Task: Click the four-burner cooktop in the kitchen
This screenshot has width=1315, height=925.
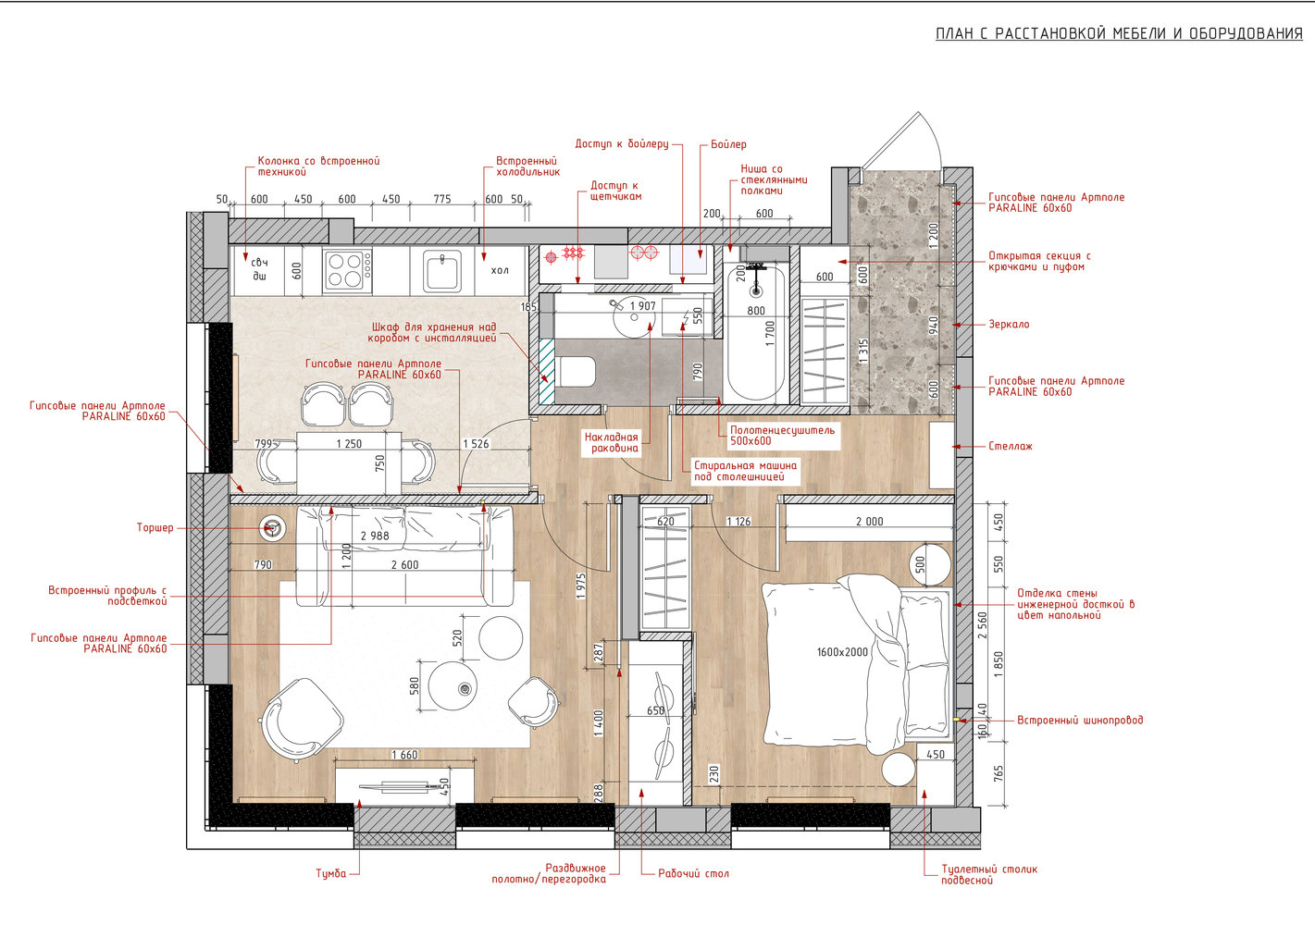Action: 347,271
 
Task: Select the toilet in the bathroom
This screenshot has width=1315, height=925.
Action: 576,372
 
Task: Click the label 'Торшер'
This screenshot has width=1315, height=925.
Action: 155,527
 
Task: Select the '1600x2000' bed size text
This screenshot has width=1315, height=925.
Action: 842,651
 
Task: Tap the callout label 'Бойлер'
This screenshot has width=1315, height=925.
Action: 728,144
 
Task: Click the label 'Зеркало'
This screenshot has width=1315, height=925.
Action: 1009,324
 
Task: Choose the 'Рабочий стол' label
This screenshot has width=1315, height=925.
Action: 693,873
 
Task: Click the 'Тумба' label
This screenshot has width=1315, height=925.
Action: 331,874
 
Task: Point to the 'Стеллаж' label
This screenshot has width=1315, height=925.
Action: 1011,446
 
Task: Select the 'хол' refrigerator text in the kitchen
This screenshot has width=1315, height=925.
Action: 500,270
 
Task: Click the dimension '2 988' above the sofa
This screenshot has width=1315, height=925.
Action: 375,536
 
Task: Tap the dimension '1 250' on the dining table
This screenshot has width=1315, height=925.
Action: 349,444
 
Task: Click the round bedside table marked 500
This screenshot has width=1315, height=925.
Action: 929,564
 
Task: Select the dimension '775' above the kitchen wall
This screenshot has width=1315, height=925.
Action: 442,199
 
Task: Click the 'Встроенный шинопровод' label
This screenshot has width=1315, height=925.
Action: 1080,721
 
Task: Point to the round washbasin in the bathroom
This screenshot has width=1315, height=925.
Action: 634,317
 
